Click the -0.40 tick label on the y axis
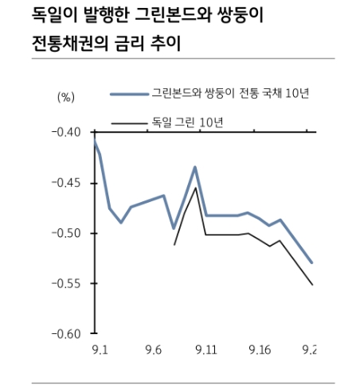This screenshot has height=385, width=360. (x=66, y=132)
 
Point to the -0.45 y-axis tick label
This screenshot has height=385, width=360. (x=66, y=183)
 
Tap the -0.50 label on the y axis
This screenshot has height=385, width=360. (x=66, y=233)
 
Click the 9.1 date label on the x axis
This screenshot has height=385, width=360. (x=100, y=350)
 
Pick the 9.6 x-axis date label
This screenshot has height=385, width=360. (x=154, y=350)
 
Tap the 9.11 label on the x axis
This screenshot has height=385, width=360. (x=206, y=350)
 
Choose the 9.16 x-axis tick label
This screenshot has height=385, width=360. (x=260, y=350)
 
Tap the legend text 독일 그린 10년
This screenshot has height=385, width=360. (x=187, y=122)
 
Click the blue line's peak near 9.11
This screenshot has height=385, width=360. (x=195, y=167)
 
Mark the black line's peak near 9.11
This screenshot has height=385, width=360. (x=196, y=188)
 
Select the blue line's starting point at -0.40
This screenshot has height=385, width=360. (x=95, y=141)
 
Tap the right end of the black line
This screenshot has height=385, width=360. (x=312, y=285)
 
